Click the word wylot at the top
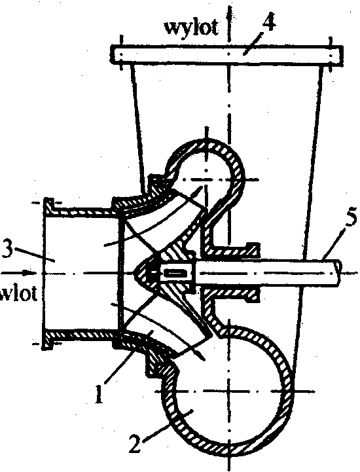(190, 27)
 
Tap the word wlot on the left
(19, 293)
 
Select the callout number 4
(268, 22)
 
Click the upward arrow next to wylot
(228, 21)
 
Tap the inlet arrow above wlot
(19, 273)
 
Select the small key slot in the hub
(176, 273)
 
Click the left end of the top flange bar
(112, 54)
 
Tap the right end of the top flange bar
(341, 56)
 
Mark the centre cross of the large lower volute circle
(229, 391)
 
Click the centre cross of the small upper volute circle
(206, 180)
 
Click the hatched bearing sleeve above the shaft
(232, 251)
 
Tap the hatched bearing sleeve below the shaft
(232, 293)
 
